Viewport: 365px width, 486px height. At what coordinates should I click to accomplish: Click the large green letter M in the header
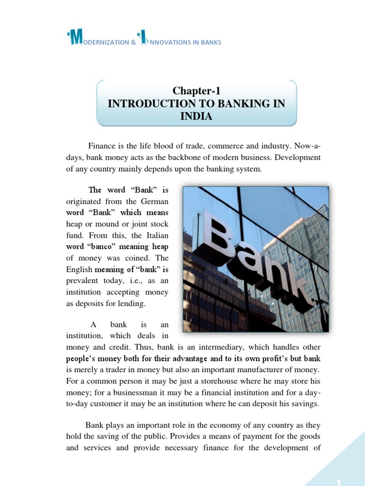pyautogui.click(x=75, y=39)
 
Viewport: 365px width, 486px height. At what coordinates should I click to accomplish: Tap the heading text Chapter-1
pyautogui.click(x=196, y=91)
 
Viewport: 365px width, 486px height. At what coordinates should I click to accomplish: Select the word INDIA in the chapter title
pyautogui.click(x=196, y=116)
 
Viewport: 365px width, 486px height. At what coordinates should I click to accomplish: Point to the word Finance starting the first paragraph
pyautogui.click(x=101, y=145)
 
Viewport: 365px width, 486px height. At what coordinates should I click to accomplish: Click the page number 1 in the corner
pyautogui.click(x=338, y=480)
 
